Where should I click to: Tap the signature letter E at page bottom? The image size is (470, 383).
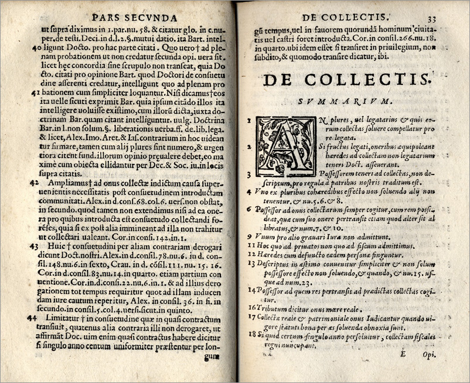403,353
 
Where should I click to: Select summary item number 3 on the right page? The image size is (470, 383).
249,175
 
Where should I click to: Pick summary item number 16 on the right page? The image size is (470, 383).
250,306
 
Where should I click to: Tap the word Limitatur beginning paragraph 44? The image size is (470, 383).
59,317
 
